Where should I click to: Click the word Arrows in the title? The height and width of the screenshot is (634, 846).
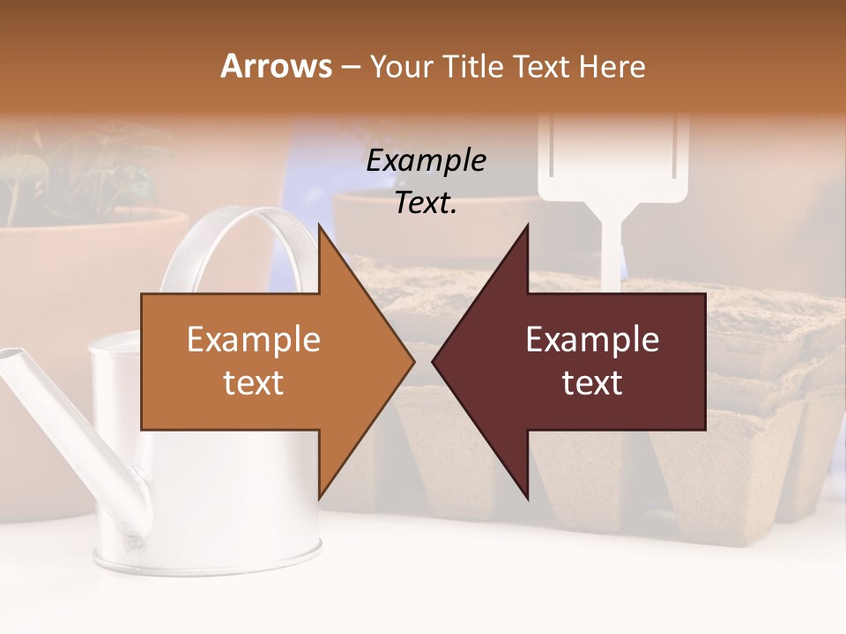[277, 66]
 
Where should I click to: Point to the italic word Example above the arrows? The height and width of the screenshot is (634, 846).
[427, 161]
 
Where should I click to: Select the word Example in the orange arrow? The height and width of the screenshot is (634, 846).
[254, 340]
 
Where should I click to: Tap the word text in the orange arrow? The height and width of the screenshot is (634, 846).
[254, 383]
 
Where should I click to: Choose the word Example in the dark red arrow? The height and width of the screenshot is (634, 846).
[592, 340]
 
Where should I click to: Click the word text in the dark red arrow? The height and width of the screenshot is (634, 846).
[592, 383]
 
